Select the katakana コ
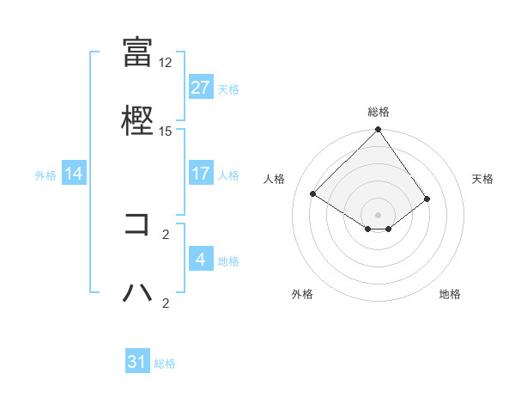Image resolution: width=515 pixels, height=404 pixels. [137, 224]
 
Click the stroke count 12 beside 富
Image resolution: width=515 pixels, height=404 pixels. [166, 63]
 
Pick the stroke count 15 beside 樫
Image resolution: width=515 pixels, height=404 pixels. [166, 131]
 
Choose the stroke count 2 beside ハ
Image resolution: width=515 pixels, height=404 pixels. [166, 303]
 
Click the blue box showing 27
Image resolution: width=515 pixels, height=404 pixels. [200, 88]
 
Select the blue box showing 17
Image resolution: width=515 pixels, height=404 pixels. [200, 174]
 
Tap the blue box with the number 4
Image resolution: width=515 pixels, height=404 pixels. [200, 260]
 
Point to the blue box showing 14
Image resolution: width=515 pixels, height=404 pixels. [74, 174]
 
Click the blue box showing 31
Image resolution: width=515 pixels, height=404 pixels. [137, 362]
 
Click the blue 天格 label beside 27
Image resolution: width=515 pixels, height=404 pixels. [228, 89]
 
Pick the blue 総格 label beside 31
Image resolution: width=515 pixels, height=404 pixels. [165, 364]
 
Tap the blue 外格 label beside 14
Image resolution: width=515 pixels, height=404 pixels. [45, 174]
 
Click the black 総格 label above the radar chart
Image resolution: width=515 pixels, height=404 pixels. [378, 112]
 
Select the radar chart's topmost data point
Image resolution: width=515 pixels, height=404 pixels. [378, 131]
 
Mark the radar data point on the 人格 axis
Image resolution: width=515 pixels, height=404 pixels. [313, 194]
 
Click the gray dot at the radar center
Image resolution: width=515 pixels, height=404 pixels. [378, 214]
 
